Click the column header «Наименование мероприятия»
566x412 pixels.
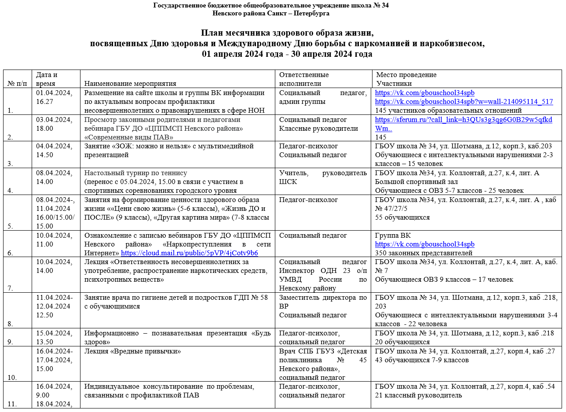click(130, 84)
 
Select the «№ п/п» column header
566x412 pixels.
click(18, 84)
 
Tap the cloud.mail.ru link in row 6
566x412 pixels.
click(190, 253)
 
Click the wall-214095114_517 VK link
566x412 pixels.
click(464, 102)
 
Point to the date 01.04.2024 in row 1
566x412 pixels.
click(54, 93)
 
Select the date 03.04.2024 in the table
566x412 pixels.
click(54, 120)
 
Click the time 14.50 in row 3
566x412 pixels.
click(44, 155)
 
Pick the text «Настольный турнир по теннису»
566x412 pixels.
click(135, 173)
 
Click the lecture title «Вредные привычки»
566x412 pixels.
click(133, 351)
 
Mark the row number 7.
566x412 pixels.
click(11, 288)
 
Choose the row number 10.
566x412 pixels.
click(12, 377)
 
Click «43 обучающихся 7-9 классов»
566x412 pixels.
click(422, 360)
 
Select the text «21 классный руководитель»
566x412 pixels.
click(418, 395)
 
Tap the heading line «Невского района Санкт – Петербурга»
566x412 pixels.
click(271, 13)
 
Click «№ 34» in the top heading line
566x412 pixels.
click(381, 5)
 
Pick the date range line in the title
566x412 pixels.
click(287, 54)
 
